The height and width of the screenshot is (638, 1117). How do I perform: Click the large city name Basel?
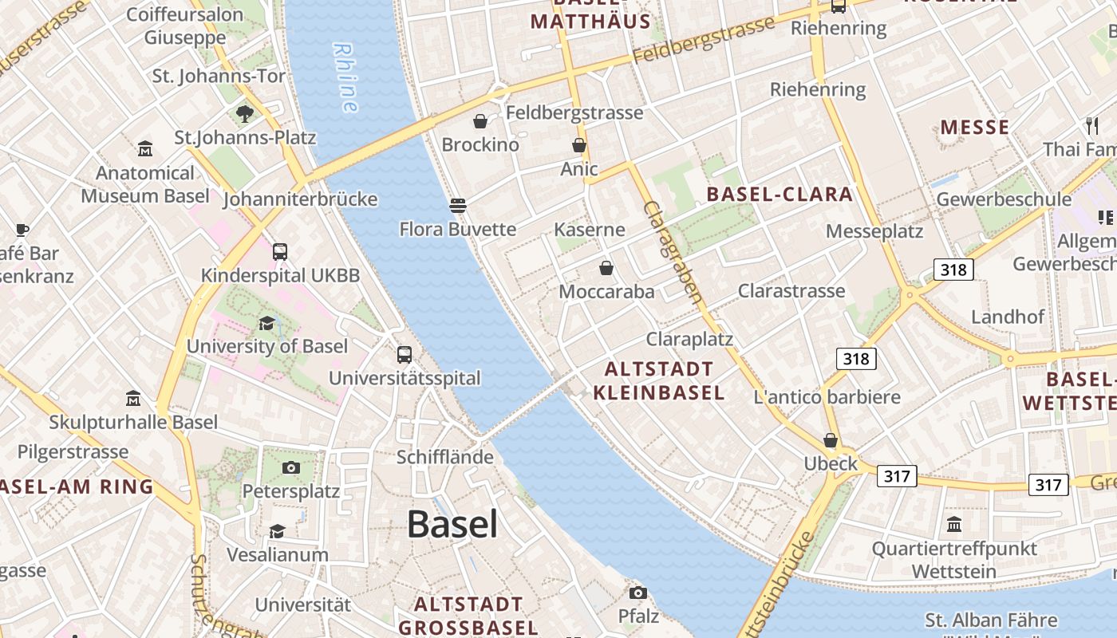pyautogui.click(x=452, y=524)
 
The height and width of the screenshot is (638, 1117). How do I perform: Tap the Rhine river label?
pyautogui.click(x=345, y=77)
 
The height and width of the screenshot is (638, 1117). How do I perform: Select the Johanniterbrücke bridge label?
pyautogui.click(x=300, y=199)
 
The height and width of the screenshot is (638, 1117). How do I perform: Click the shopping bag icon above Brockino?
pyautogui.click(x=480, y=121)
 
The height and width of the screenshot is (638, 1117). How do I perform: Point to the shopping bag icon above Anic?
pyautogui.click(x=579, y=145)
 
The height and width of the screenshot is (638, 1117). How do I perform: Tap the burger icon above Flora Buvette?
pyautogui.click(x=457, y=206)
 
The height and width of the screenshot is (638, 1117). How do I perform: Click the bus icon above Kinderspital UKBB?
pyautogui.click(x=280, y=252)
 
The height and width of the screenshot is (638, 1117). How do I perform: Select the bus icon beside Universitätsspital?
pyautogui.click(x=405, y=355)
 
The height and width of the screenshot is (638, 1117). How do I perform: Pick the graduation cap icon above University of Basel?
pyautogui.click(x=266, y=323)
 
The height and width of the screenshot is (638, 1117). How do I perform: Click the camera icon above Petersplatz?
pyautogui.click(x=291, y=467)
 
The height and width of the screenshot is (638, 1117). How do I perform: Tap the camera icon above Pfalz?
pyautogui.click(x=638, y=593)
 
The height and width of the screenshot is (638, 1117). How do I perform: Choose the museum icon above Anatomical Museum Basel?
pyautogui.click(x=145, y=149)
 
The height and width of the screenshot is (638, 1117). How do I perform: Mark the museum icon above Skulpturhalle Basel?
pyautogui.click(x=133, y=398)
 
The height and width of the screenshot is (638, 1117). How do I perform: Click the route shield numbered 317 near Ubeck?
pyautogui.click(x=897, y=476)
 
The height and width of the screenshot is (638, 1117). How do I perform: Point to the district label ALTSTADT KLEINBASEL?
pyautogui.click(x=659, y=380)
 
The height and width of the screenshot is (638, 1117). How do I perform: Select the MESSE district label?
pyautogui.click(x=974, y=128)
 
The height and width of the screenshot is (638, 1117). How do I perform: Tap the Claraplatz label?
pyautogui.click(x=689, y=339)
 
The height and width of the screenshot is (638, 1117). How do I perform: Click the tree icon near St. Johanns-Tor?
pyautogui.click(x=245, y=113)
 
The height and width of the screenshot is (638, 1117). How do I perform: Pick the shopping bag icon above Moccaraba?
pyautogui.click(x=606, y=268)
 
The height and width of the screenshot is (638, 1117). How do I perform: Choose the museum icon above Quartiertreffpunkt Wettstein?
pyautogui.click(x=954, y=525)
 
